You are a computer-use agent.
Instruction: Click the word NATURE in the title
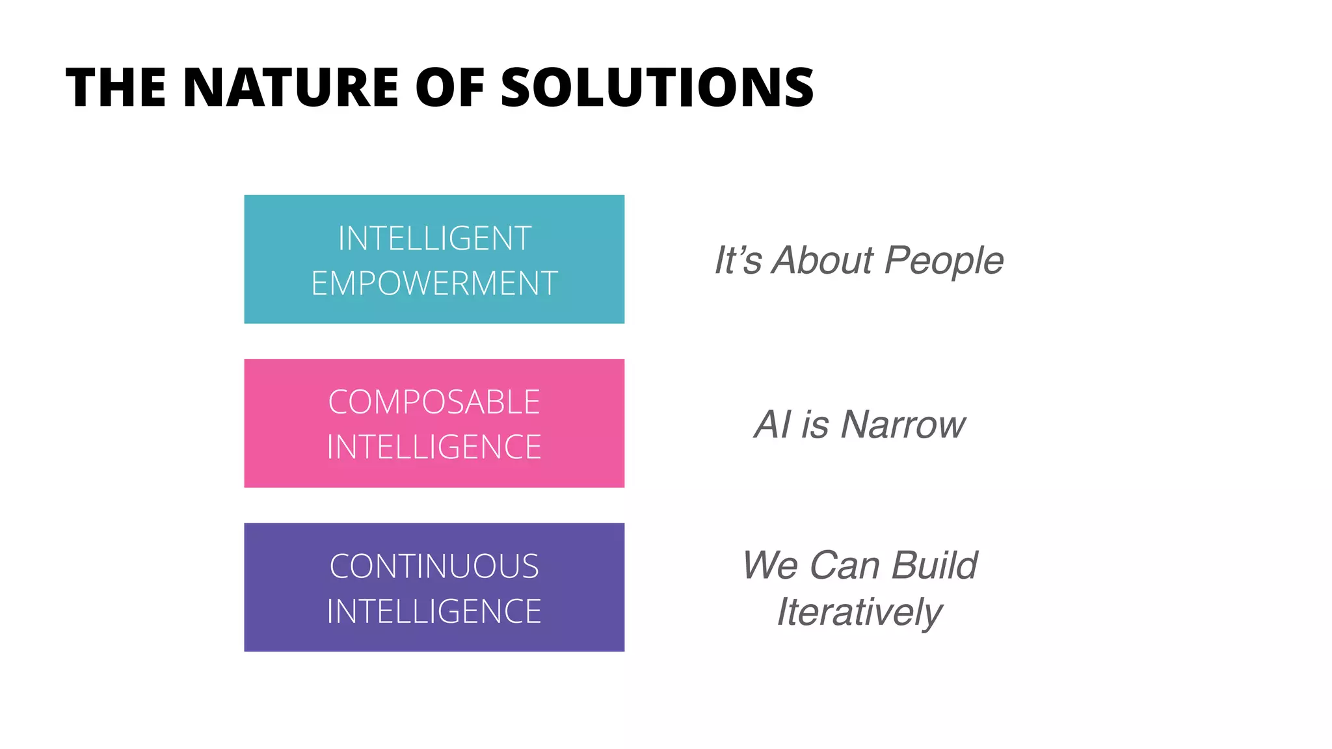coord(291,88)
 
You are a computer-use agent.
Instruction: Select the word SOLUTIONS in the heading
coord(657,88)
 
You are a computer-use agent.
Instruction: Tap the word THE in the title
coord(116,88)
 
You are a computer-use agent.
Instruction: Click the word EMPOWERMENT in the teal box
coord(434,283)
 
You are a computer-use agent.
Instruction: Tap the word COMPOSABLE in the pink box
coord(434,402)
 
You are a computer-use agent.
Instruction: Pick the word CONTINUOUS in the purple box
coord(434,566)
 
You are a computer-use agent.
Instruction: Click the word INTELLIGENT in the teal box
coord(434,239)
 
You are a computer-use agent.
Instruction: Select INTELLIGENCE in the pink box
coord(434,447)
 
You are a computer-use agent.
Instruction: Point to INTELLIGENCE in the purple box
coord(434,611)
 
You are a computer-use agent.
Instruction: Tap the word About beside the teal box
coord(823,260)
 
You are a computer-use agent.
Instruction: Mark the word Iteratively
coord(859,612)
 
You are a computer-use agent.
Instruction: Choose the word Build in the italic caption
coord(935,565)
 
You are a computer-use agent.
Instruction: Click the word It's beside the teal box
coord(738,260)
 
